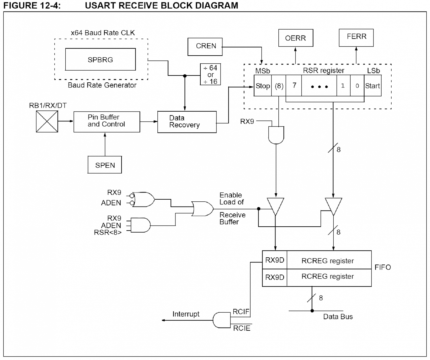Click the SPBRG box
100,59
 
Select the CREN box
205,46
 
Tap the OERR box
296,38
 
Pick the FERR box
356,37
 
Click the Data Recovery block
187,122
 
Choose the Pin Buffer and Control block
107,122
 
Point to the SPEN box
105,165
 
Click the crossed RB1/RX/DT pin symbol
47,122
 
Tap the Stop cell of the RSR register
263,86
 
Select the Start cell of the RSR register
372,86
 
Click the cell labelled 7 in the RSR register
294,85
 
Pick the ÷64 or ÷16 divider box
210,74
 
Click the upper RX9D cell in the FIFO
275,260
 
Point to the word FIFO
382,267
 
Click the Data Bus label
338,317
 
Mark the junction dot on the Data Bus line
312,311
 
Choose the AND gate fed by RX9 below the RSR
276,135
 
